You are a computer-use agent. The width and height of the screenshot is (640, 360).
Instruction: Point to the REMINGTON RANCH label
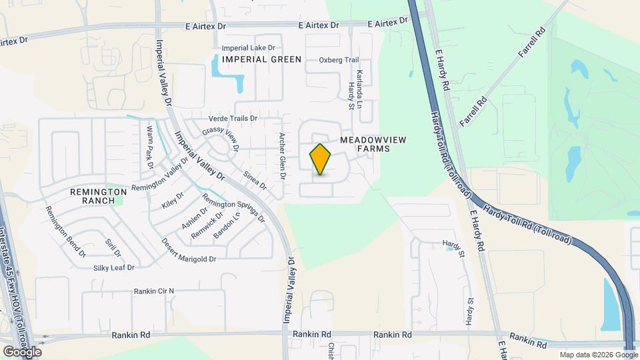(x=98, y=196)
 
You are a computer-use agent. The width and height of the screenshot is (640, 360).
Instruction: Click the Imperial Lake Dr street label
(x=252, y=48)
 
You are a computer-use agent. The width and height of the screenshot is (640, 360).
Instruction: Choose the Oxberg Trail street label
(x=339, y=60)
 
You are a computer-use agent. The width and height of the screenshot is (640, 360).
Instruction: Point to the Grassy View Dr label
(x=220, y=139)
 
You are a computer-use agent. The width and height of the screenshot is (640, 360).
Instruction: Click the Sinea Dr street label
(x=255, y=181)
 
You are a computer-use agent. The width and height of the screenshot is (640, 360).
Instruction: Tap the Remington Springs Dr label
(x=233, y=207)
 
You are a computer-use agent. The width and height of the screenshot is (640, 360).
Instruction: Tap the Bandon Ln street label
(x=225, y=227)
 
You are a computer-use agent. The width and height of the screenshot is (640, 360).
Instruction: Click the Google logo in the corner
(x=22, y=351)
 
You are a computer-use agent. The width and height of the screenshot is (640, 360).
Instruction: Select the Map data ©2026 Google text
(x=598, y=355)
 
